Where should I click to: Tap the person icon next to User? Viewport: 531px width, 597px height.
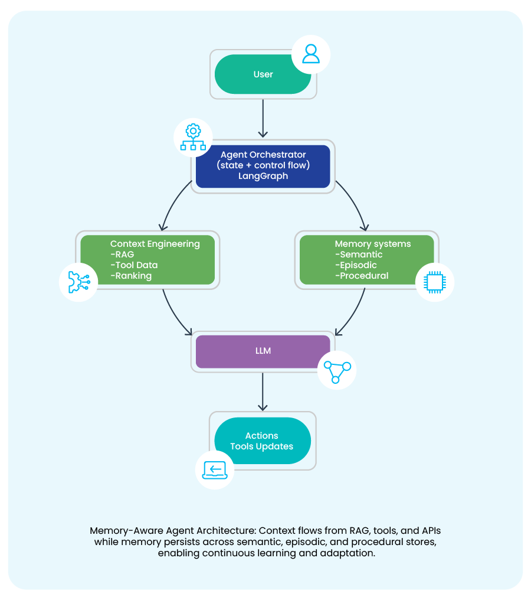click(x=310, y=54)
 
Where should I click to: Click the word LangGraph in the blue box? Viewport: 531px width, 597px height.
click(x=263, y=176)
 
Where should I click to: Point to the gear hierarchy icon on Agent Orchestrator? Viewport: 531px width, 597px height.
click(x=193, y=138)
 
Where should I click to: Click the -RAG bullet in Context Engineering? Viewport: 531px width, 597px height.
click(x=122, y=255)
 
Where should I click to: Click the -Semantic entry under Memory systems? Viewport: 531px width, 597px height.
click(x=359, y=255)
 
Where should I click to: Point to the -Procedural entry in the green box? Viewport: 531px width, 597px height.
click(x=362, y=276)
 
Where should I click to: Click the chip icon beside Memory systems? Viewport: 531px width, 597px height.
click(x=435, y=282)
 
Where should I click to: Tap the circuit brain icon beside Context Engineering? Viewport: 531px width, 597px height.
click(x=78, y=282)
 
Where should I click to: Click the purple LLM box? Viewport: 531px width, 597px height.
click(x=263, y=351)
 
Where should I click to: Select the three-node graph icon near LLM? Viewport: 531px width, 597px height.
click(x=337, y=370)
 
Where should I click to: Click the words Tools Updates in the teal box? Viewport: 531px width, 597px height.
click(x=261, y=446)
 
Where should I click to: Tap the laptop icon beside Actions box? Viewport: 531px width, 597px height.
click(x=214, y=469)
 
